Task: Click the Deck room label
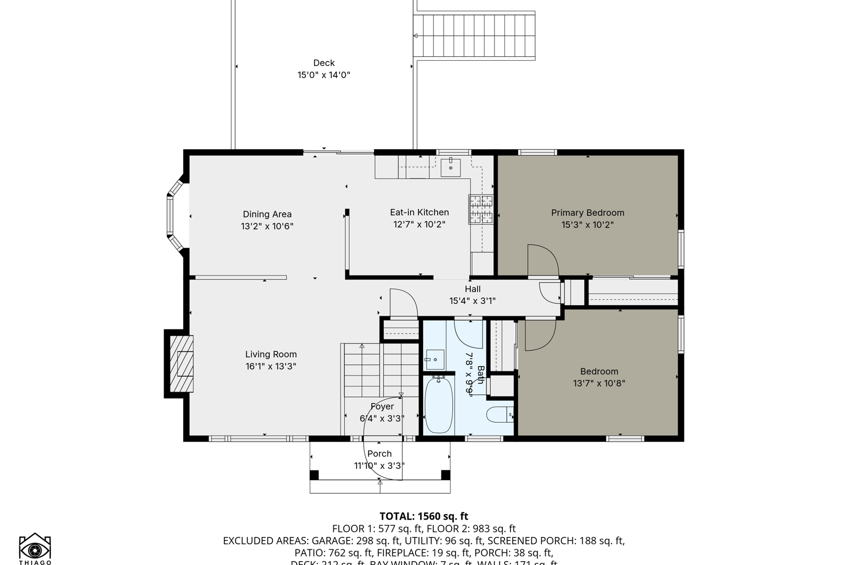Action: tap(324, 63)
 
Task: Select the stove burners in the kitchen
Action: tap(481, 209)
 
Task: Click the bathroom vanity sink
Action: tap(435, 360)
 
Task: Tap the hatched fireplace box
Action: tap(181, 363)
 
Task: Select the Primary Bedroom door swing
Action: tap(542, 260)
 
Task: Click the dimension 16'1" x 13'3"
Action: tap(270, 366)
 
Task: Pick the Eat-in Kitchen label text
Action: tap(419, 212)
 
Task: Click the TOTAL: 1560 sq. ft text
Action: tap(424, 516)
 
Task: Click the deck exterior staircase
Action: tap(474, 36)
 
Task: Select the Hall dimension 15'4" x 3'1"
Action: tap(472, 301)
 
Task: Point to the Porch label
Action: tap(379, 454)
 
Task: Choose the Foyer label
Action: tap(382, 406)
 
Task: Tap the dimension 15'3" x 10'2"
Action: tap(587, 225)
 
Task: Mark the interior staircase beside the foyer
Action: tap(380, 370)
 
